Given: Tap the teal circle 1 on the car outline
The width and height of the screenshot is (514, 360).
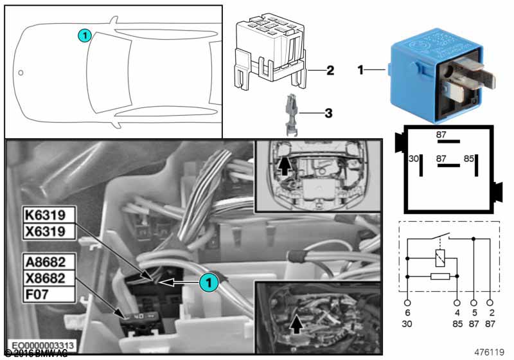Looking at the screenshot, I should tap(84, 36).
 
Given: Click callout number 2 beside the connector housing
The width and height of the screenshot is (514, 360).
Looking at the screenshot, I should tap(330, 70).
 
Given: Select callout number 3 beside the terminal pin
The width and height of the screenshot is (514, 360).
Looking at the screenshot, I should tap(328, 114).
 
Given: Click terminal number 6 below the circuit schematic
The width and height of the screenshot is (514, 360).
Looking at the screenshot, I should tap(407, 302).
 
